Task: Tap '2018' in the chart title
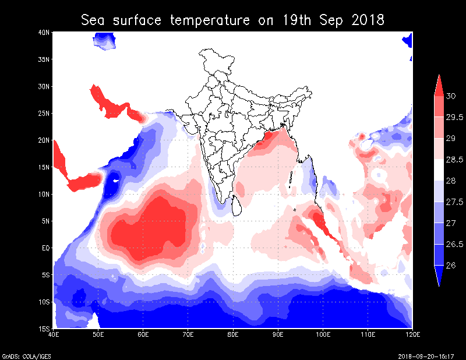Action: coord(368,21)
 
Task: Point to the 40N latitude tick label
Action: coord(43,33)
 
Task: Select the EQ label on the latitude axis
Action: coord(44,248)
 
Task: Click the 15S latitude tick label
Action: coord(43,329)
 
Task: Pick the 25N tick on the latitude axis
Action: coord(43,113)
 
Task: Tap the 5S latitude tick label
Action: coord(45,275)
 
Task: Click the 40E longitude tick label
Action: coord(54,335)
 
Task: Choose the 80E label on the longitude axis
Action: coord(233,335)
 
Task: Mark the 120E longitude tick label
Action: coord(412,335)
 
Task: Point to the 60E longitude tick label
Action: coord(143,335)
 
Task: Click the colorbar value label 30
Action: coord(451,96)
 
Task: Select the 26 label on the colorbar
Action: coord(451,265)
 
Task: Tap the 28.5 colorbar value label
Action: coord(454,159)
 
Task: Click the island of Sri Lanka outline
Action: coord(237,206)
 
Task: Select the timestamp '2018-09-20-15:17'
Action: coord(430,355)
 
